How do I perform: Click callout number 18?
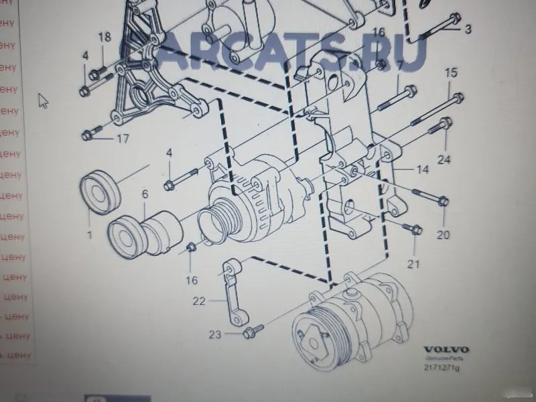tap(105, 38)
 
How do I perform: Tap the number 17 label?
tap(122, 139)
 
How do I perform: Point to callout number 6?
tap(144, 194)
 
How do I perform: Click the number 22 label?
tap(200, 301)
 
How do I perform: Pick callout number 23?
tap(214, 333)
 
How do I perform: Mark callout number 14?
tap(422, 170)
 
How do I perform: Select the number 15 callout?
tap(450, 72)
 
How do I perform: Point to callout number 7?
tap(399, 65)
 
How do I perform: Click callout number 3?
tap(468, 29)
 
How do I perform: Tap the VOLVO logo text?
tap(446, 350)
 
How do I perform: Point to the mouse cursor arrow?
tap(44, 100)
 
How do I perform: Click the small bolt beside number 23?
tap(253, 329)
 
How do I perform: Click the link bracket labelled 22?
tap(231, 295)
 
